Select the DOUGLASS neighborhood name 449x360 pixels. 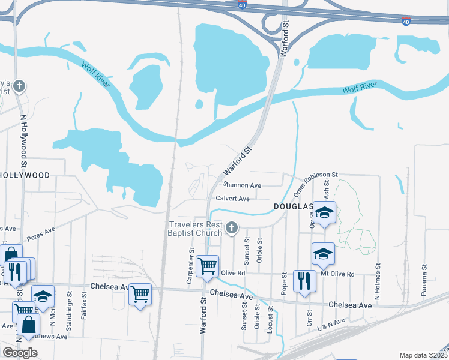(x=294, y=206)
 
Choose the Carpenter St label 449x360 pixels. (x=192, y=260)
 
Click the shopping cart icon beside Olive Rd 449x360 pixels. (x=207, y=265)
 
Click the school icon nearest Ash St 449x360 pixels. (x=325, y=213)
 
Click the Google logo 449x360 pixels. (x=20, y=353)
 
